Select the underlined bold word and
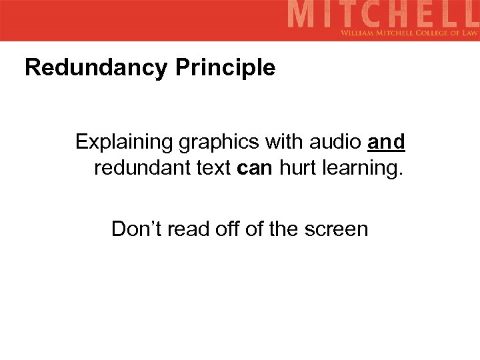386,142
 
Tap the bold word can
255,167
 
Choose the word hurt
298,167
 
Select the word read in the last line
189,229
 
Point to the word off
228,229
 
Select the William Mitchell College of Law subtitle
409,32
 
